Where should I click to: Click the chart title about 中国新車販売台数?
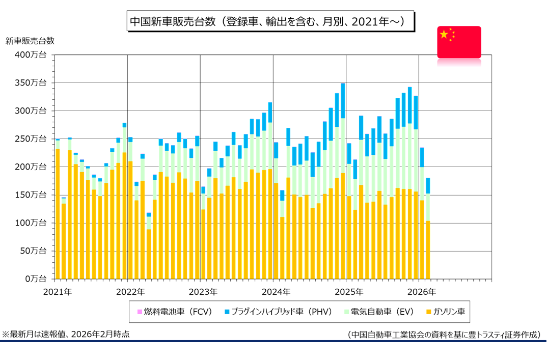click(x=270, y=21)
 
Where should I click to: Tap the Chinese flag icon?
click(x=459, y=42)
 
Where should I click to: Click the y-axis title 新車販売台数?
click(x=30, y=41)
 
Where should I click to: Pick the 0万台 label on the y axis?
click(x=37, y=279)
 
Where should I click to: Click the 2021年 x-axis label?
click(x=58, y=292)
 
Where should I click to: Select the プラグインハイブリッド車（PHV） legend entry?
click(x=277, y=311)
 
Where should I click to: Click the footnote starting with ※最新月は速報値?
click(x=66, y=335)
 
